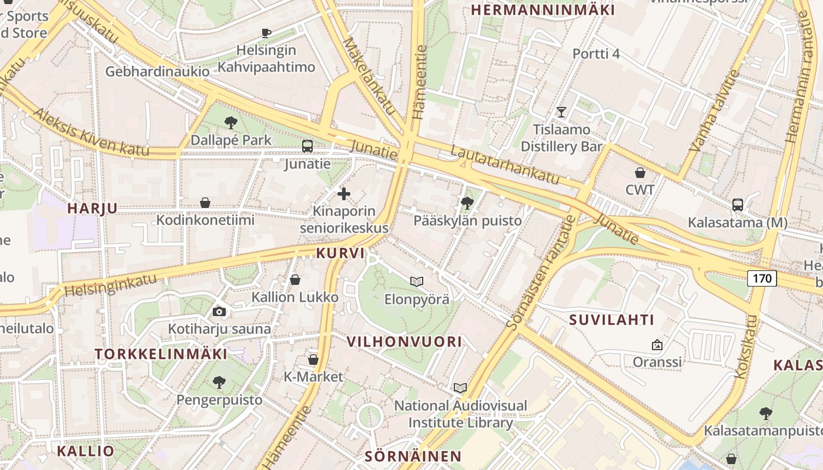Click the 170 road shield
pyautogui.click(x=762, y=278)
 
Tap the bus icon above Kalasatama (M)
pyautogui.click(x=738, y=204)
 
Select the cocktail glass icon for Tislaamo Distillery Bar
pyautogui.click(x=561, y=112)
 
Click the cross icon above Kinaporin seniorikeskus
pyautogui.click(x=344, y=193)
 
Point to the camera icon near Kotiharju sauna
pyautogui.click(x=219, y=311)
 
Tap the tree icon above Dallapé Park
pyautogui.click(x=231, y=122)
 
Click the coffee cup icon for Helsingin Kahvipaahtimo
pyautogui.click(x=266, y=33)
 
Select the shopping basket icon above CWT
pyautogui.click(x=640, y=172)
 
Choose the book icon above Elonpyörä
pyautogui.click(x=417, y=282)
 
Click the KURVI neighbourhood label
pyautogui.click(x=340, y=253)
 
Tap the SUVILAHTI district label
pyautogui.click(x=612, y=320)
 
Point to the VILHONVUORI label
pyautogui.click(x=404, y=341)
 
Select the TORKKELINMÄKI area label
pyautogui.click(x=161, y=354)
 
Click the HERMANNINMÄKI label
pyautogui.click(x=543, y=10)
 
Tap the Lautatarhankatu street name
pyautogui.click(x=505, y=165)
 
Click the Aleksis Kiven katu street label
pyautogui.click(x=91, y=133)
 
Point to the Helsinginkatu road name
pyautogui.click(x=111, y=284)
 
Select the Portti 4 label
pyautogui.click(x=596, y=54)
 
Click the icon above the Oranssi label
pyautogui.click(x=657, y=345)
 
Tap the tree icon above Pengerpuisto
pyautogui.click(x=219, y=382)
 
